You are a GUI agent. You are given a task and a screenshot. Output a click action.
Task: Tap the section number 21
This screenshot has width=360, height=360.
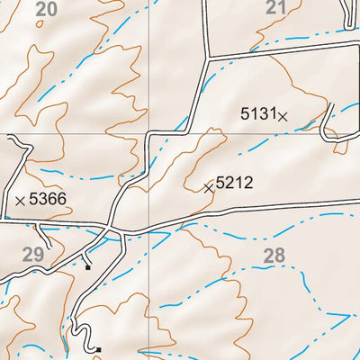(277, 8)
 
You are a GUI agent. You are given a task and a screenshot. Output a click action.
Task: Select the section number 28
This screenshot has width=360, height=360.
(274, 256)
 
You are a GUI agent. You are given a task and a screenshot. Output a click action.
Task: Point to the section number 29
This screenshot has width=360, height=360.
(33, 256)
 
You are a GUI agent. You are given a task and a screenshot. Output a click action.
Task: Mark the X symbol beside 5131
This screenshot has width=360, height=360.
(283, 115)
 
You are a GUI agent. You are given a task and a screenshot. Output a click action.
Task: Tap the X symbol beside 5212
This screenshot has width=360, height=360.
(209, 188)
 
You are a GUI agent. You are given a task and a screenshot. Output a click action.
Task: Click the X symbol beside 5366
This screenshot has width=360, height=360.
(21, 200)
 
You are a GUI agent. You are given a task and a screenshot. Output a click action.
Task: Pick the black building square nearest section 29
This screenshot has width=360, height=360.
(87, 266)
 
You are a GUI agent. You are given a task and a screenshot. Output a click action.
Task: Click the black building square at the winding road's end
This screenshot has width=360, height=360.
(99, 349)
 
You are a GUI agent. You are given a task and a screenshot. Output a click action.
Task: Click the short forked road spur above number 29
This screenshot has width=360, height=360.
(47, 236)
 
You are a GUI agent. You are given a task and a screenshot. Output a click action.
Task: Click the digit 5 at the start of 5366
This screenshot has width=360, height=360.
(34, 199)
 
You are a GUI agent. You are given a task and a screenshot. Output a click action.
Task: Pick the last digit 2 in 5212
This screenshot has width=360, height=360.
(248, 183)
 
